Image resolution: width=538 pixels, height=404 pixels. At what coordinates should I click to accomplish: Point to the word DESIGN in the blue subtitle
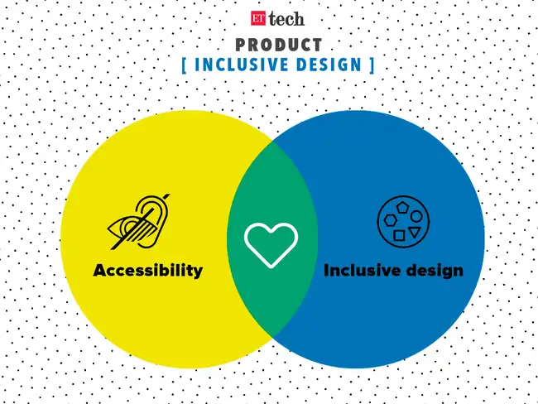327,65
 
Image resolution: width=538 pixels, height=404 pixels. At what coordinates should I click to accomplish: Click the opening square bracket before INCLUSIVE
184,65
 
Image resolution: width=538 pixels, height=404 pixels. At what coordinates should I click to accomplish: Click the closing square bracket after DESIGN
370,65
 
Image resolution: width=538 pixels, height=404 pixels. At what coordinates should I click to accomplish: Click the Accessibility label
148,271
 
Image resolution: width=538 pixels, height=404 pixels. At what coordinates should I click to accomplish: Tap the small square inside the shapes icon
398,235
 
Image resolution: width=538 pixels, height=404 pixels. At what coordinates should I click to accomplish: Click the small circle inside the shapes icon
416,217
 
